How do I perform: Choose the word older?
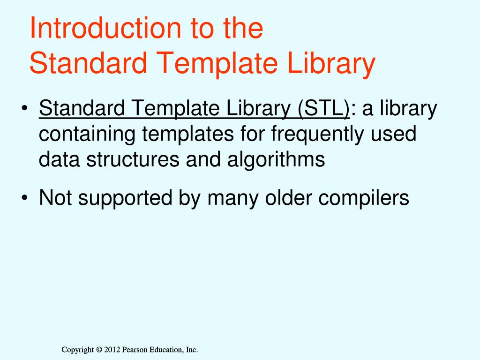point(287,198)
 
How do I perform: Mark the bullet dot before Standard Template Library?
point(24,111)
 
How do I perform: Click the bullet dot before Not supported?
point(24,199)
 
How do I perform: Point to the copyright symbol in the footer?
point(98,350)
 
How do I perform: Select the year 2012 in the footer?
point(112,350)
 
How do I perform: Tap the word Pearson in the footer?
point(135,350)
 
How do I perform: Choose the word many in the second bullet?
point(230,198)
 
